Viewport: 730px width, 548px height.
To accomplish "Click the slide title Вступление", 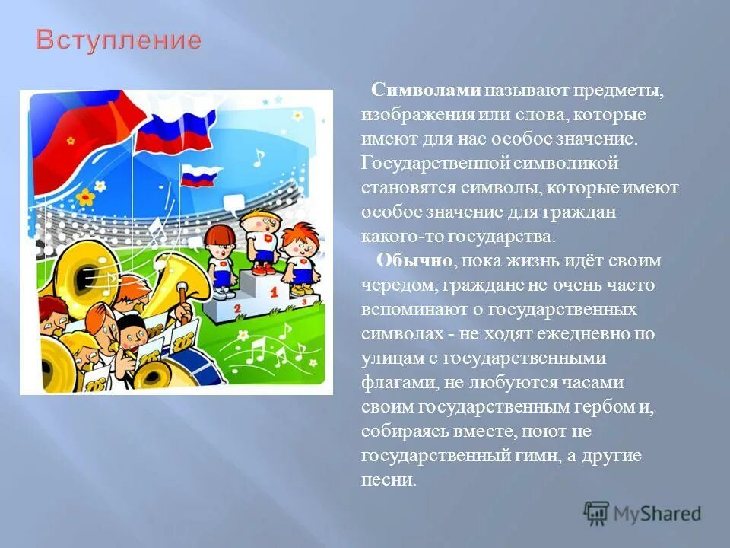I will [119, 40].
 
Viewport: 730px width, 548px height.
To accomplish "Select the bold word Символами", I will [427, 91].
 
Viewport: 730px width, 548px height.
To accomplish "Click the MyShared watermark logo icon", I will [597, 513].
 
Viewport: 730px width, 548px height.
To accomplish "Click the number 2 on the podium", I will [237, 307].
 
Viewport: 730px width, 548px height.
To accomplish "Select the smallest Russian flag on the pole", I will [199, 176].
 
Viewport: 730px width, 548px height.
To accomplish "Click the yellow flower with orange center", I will [86, 197].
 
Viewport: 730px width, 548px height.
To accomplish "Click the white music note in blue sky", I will [259, 158].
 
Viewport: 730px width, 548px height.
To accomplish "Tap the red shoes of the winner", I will [263, 269].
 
